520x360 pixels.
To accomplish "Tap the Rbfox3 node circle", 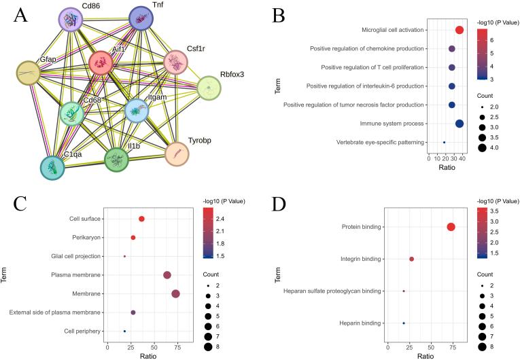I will pos(209,88).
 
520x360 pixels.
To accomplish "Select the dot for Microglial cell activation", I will pos(459,30).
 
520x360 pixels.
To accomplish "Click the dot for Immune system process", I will pos(459,124).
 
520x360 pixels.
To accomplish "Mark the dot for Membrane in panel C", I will pos(175,293).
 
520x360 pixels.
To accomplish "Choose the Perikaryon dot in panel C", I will pos(133,237).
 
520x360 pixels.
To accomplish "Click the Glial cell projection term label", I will pos(76,256).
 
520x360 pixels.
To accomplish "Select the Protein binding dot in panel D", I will pos(451,227).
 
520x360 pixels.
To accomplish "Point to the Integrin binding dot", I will pos(412,259).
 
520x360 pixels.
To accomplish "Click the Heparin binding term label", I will pos(362,323).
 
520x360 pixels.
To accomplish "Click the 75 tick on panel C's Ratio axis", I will pos(176,347).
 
